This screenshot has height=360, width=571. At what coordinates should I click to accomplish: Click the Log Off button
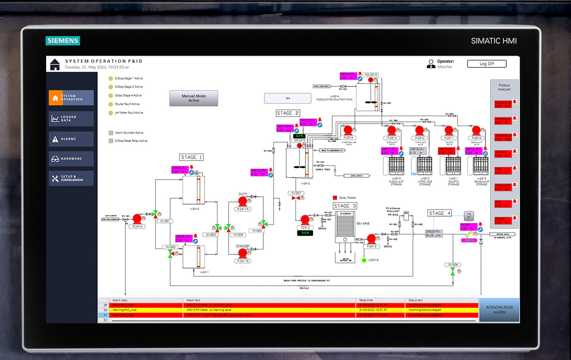pos(486,64)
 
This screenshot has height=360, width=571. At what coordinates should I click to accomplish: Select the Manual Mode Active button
pos(194,98)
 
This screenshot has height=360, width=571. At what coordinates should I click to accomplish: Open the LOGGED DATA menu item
pos(71,119)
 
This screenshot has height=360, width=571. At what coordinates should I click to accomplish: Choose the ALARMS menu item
pos(71,139)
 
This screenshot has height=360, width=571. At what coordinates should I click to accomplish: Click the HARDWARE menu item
pos(71,159)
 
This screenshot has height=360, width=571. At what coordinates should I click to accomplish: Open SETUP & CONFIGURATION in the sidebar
pos(71,179)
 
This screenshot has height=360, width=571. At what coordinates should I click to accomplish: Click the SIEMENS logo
pos(63,41)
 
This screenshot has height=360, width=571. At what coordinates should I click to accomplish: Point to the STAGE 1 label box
pos(191,157)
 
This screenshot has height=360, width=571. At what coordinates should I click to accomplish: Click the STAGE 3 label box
pos(345,206)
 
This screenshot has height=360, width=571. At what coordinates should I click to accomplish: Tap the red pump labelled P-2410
pos(138,219)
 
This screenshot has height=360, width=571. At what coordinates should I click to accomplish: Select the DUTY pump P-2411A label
pos(243,209)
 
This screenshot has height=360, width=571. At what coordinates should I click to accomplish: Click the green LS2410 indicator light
pos(364,260)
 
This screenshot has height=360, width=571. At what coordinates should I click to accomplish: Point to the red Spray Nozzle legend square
pos(335,197)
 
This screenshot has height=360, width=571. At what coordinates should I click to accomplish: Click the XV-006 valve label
pos(453,265)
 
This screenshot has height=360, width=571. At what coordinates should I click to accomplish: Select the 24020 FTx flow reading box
pos(435,233)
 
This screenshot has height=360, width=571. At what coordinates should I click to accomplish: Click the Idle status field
pos(287,98)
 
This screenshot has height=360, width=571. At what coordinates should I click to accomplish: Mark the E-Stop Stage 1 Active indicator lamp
pos(111,79)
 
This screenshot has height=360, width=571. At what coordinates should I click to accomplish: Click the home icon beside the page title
pos(55,64)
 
